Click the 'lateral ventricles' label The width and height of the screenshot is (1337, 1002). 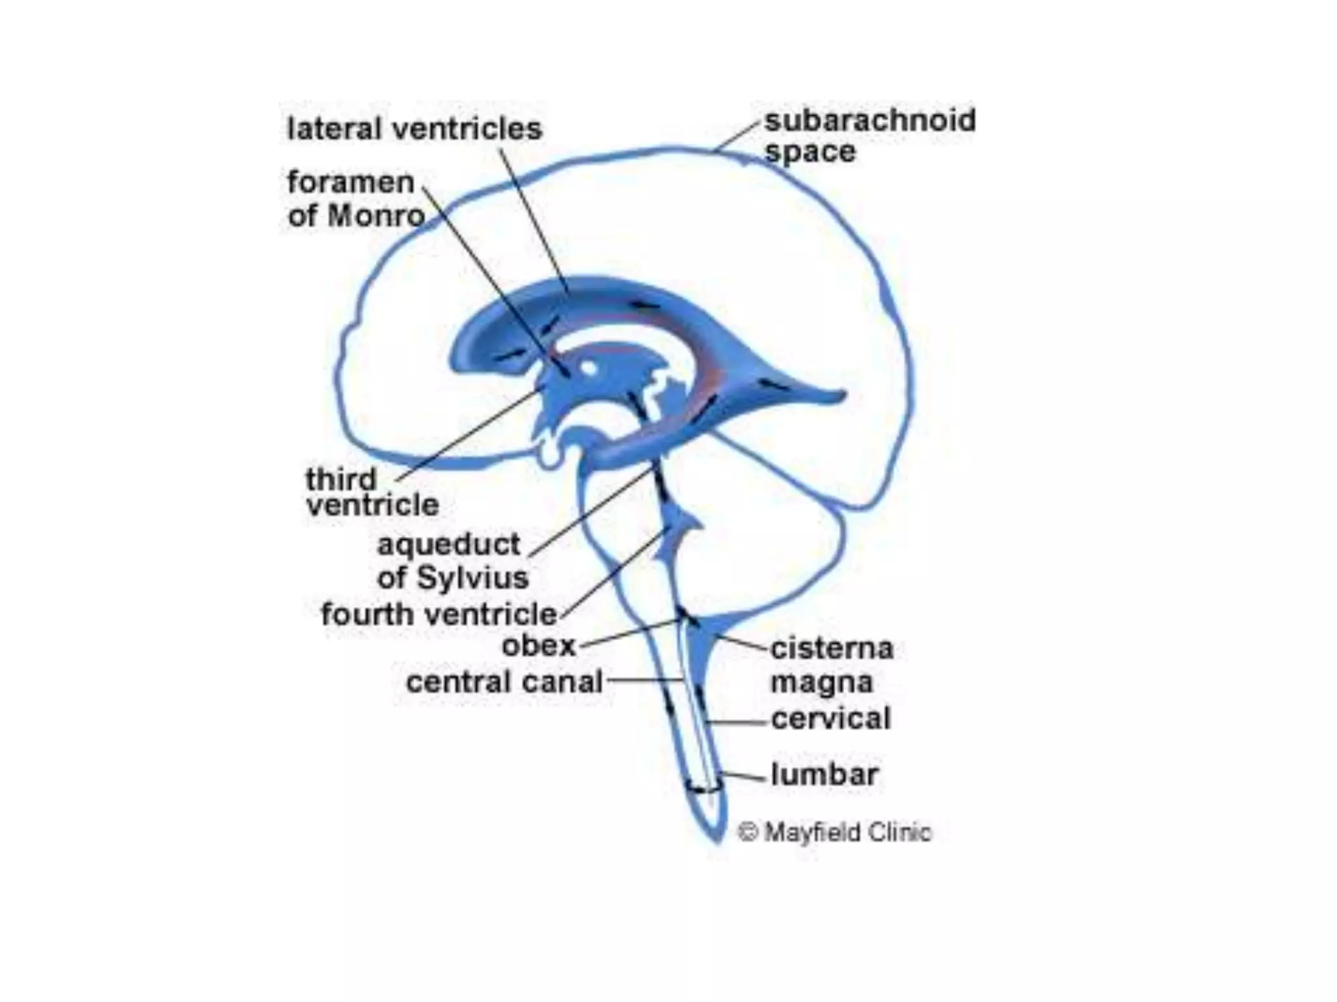(x=415, y=129)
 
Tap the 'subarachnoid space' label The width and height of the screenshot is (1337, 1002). (x=870, y=136)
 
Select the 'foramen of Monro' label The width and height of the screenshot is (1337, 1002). (x=356, y=199)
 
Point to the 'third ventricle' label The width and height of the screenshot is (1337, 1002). (x=372, y=493)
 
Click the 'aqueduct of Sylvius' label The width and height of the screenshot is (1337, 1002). (x=452, y=561)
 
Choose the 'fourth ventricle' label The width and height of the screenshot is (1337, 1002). (x=439, y=615)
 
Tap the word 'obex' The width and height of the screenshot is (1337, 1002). (x=539, y=646)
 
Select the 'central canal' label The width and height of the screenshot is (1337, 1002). (x=504, y=683)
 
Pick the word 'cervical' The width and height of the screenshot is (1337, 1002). (x=830, y=719)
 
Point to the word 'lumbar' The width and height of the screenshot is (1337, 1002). (x=824, y=775)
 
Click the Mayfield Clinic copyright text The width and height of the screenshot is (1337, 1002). (x=834, y=832)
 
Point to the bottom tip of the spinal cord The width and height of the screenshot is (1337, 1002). (x=717, y=839)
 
